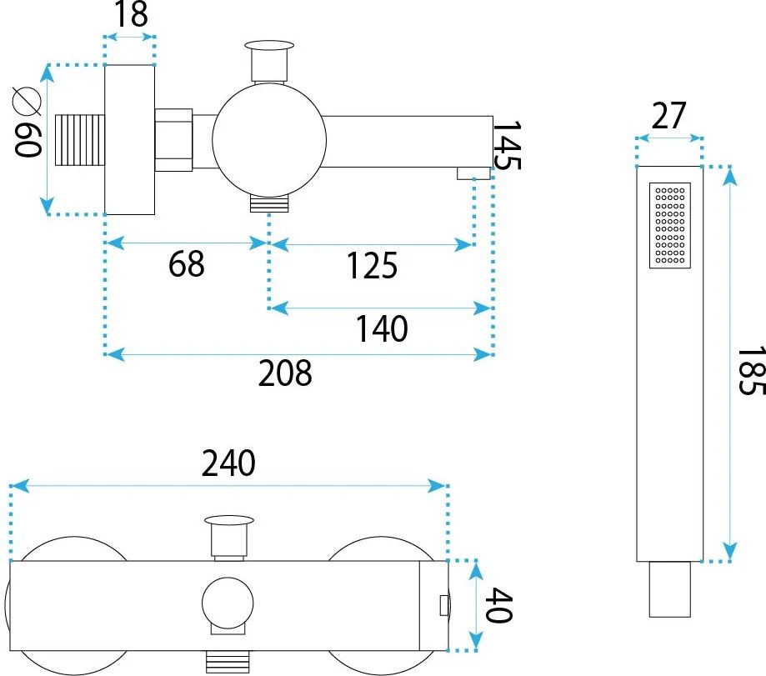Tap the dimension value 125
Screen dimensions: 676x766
[372, 266]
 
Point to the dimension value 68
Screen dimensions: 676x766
[186, 265]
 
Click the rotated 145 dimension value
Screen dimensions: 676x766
[507, 145]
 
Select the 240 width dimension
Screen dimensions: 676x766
[228, 464]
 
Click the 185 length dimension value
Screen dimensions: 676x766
[748, 371]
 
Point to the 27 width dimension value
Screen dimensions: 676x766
[668, 117]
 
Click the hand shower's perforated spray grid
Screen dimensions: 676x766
[670, 225]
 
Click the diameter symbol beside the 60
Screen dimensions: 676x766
[27, 102]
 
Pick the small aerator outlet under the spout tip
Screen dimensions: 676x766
[473, 173]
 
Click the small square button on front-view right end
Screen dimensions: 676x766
[442, 604]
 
